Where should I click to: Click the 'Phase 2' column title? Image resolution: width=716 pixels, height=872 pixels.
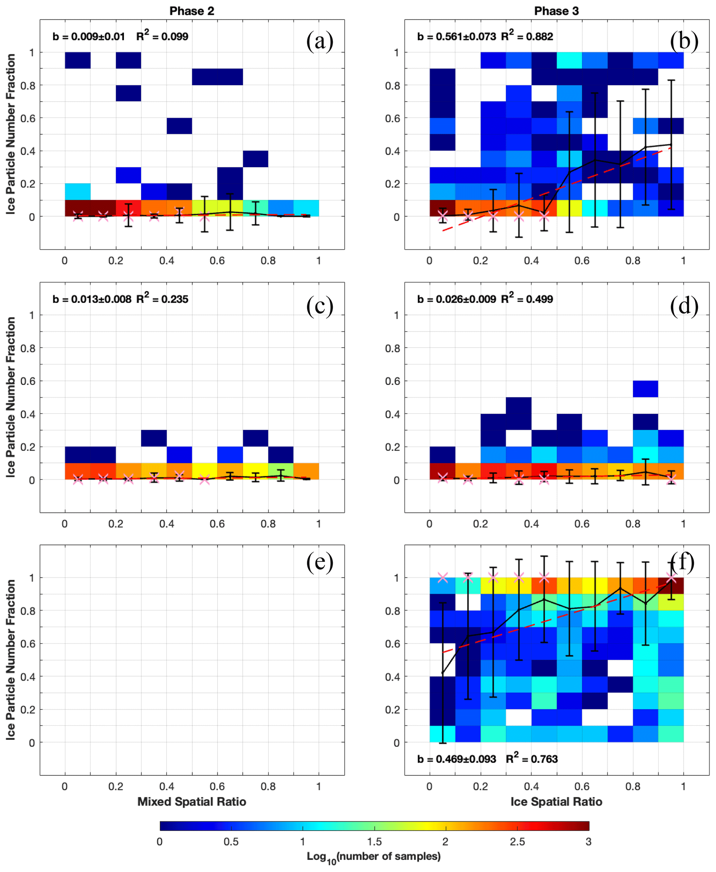pos(192,11)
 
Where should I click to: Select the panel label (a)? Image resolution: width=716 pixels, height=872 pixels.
pos(320,41)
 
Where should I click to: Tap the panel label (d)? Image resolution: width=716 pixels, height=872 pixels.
pos(684,305)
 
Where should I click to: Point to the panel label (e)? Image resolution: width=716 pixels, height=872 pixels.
pos(320,562)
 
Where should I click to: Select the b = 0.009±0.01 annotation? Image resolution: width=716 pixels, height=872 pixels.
pos(89,37)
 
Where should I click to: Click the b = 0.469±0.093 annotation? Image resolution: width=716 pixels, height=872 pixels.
pos(457,759)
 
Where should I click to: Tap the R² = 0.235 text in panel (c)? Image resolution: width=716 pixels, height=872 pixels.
pos(162,299)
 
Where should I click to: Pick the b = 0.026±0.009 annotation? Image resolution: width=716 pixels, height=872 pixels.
pos(457,299)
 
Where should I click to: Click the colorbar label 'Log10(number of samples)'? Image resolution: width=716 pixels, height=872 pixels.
pos(374,857)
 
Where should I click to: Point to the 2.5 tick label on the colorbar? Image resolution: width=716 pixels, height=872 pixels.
pos(517,842)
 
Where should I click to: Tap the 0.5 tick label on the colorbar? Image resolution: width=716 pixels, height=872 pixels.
pos(231,842)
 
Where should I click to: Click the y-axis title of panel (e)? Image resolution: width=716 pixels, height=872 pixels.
pos(11,660)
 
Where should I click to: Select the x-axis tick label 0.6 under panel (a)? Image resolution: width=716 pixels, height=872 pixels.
pos(217,261)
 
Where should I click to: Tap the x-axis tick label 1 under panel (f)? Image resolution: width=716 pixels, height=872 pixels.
pos(683,787)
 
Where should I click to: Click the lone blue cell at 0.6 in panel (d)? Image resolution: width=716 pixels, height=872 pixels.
pos(645,389)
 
